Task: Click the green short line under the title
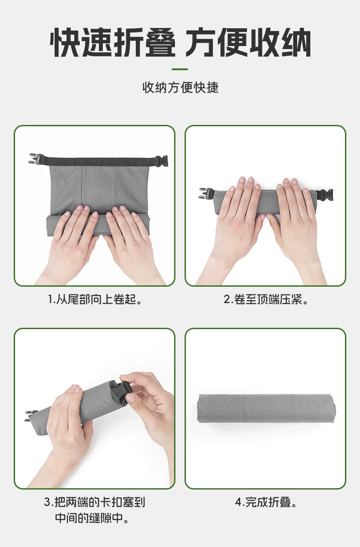(x=180, y=69)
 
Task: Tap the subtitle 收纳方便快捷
(x=180, y=88)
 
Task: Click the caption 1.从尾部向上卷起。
(x=95, y=299)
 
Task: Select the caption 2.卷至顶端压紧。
(x=266, y=299)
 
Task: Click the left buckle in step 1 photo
(x=36, y=159)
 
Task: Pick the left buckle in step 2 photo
(x=206, y=193)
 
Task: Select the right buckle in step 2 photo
(x=326, y=195)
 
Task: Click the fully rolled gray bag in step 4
(x=267, y=409)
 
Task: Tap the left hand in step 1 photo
(x=71, y=244)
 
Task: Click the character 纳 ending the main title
(x=296, y=42)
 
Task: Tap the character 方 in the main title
(x=201, y=42)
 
